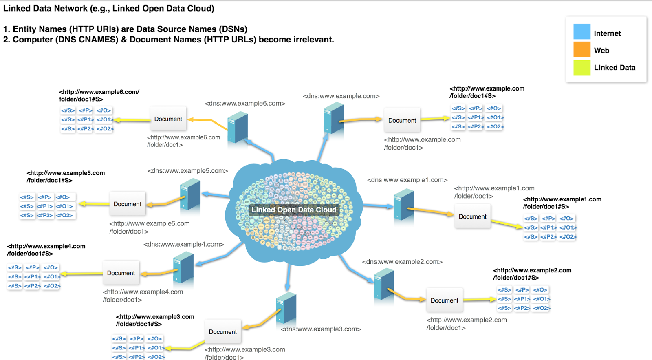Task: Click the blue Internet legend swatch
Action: [x=582, y=32]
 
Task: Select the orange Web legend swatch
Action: [x=582, y=49]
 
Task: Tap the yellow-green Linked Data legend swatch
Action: [x=582, y=68]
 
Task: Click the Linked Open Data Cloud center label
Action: [x=294, y=210]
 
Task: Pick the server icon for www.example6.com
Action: [x=238, y=127]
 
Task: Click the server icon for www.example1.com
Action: [x=404, y=205]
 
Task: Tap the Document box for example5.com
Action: [x=128, y=204]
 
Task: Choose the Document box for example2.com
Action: [x=444, y=300]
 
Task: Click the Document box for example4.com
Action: [x=121, y=273]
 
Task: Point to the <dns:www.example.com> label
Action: [x=341, y=96]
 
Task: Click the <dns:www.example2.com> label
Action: [x=402, y=262]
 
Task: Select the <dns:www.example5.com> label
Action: [x=187, y=171]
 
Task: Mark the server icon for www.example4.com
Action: [x=183, y=267]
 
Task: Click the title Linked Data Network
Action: [x=108, y=9]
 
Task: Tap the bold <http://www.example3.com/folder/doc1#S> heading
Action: [x=155, y=320]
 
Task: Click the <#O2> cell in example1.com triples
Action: [x=568, y=237]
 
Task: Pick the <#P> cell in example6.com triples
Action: [x=86, y=110]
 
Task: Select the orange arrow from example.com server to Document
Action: [x=361, y=120]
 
